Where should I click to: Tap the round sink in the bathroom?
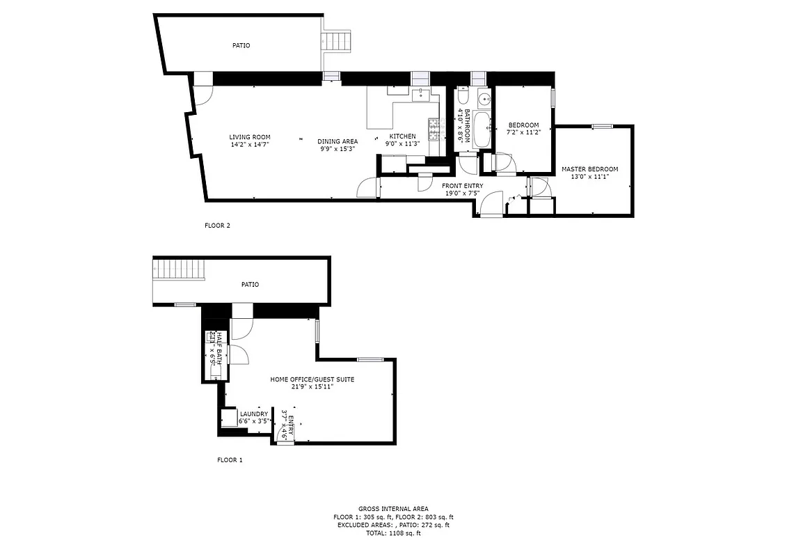coord(483,98)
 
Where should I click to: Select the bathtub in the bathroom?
coord(482,130)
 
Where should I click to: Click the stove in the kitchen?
coord(435,127)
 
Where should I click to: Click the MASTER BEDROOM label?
coord(589,169)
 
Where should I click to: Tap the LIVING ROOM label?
coord(250,137)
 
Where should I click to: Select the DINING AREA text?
coord(338,141)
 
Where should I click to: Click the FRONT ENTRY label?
coord(462,186)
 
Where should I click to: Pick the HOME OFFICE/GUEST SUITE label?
coord(302,379)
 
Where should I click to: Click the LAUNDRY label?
coord(253,414)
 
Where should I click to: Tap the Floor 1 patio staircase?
coord(180,269)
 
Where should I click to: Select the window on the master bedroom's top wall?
coord(602,126)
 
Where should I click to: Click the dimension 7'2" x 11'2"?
coord(523,132)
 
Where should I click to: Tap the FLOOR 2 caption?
coord(217,226)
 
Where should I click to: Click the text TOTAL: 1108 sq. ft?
coord(393,533)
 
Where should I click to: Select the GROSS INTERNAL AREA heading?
coord(393,509)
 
